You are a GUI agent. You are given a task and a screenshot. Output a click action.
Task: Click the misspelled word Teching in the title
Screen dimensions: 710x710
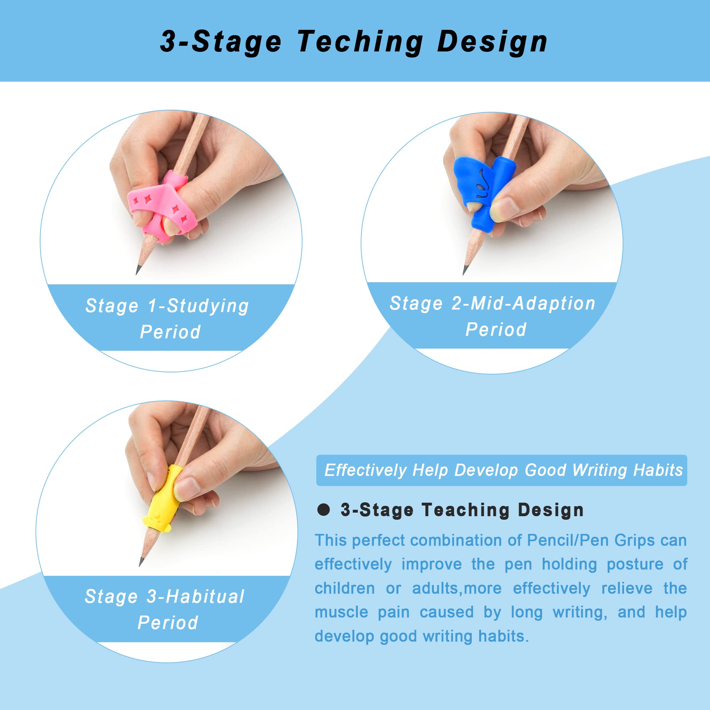[x=360, y=42]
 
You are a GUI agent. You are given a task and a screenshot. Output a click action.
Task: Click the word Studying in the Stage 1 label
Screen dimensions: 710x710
[x=208, y=306]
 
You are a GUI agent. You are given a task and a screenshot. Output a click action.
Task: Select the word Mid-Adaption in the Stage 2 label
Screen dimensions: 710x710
[x=533, y=304]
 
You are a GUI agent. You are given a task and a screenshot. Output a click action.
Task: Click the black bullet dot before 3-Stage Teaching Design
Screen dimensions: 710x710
[x=323, y=510]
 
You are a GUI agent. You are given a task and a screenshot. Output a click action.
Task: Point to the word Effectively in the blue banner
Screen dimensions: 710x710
[x=366, y=470]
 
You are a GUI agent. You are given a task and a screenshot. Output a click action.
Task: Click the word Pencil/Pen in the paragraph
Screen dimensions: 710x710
[x=567, y=541]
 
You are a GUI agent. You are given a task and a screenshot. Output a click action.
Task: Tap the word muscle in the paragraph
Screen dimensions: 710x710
[x=341, y=612]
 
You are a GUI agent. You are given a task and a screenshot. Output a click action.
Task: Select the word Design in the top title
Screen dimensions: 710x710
[x=492, y=42]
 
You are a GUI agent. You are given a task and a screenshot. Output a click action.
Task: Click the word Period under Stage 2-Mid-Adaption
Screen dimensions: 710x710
[x=496, y=330]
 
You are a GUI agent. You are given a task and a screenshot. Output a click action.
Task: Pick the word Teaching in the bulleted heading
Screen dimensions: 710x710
[x=466, y=510]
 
